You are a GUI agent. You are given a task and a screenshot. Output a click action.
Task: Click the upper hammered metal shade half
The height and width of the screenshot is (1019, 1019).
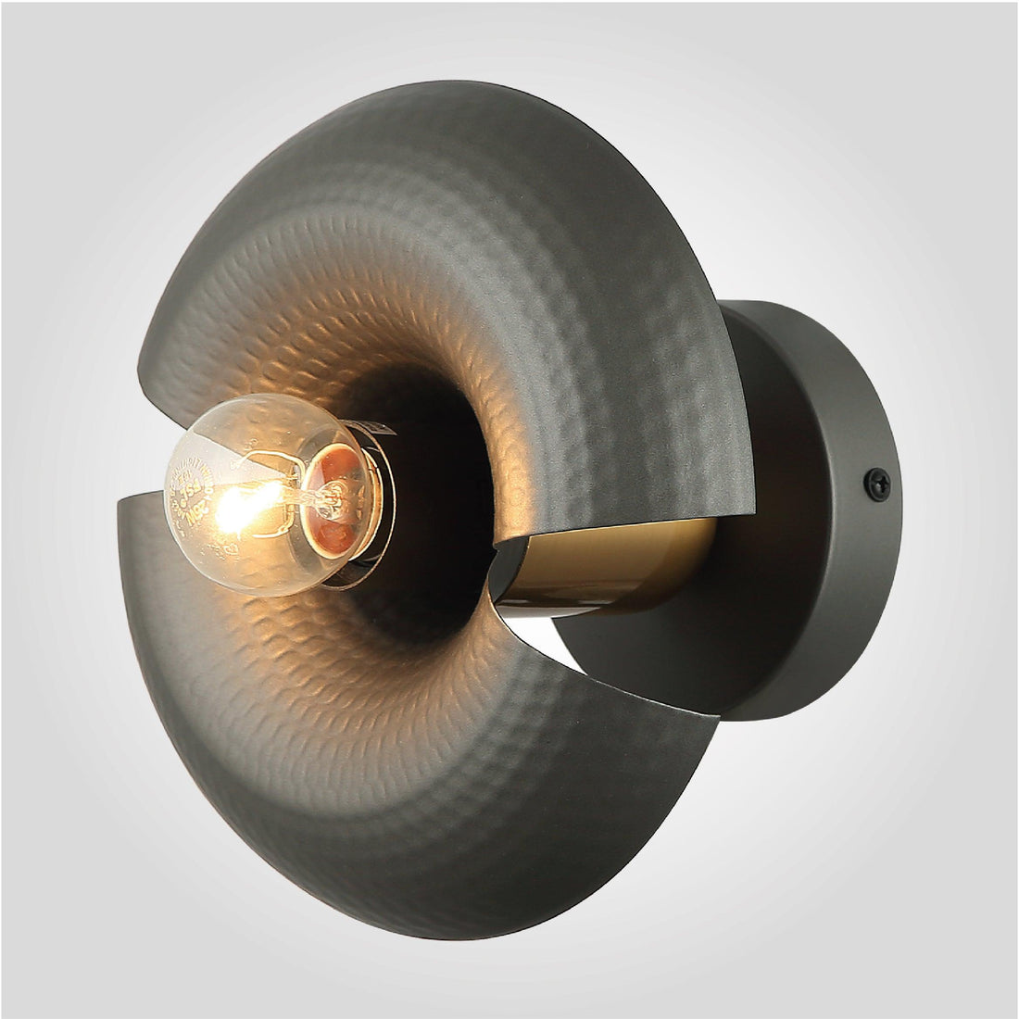pyautogui.click(x=463, y=232)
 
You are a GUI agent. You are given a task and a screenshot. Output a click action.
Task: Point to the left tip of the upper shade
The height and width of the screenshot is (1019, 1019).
pyautogui.click(x=142, y=361)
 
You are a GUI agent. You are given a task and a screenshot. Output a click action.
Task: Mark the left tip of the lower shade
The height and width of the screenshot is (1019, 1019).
pyautogui.click(x=120, y=505)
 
